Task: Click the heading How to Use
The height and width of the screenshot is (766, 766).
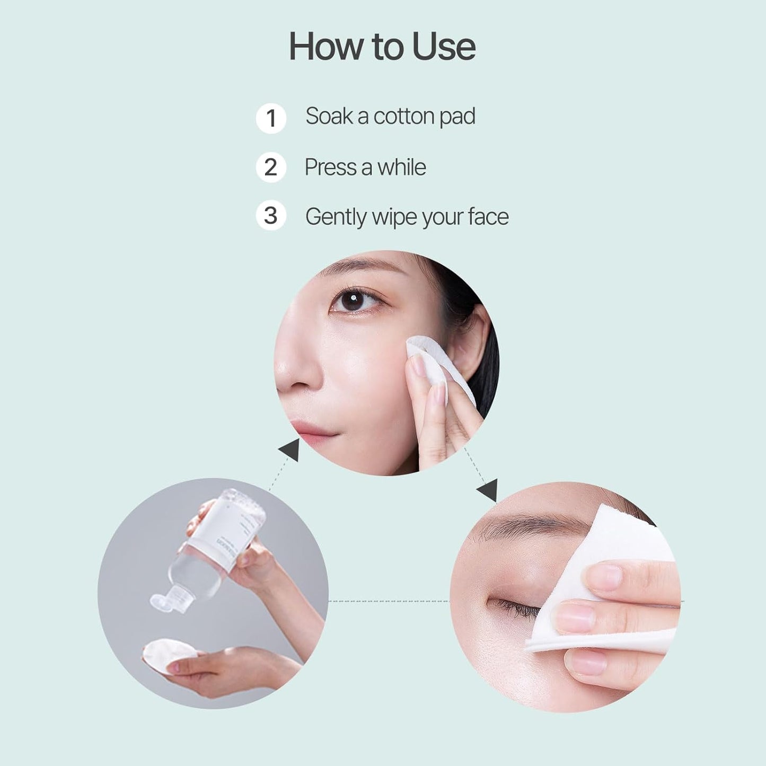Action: [382, 47]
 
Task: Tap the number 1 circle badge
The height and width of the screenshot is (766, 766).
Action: [271, 118]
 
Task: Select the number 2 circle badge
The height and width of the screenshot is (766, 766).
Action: [271, 168]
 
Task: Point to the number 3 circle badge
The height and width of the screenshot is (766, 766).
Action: [271, 216]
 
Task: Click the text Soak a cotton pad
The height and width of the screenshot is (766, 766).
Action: [390, 117]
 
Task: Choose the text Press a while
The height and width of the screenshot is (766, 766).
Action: [365, 168]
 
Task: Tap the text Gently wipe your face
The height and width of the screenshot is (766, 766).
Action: [407, 217]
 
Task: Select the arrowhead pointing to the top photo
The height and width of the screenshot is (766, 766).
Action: [290, 451]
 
